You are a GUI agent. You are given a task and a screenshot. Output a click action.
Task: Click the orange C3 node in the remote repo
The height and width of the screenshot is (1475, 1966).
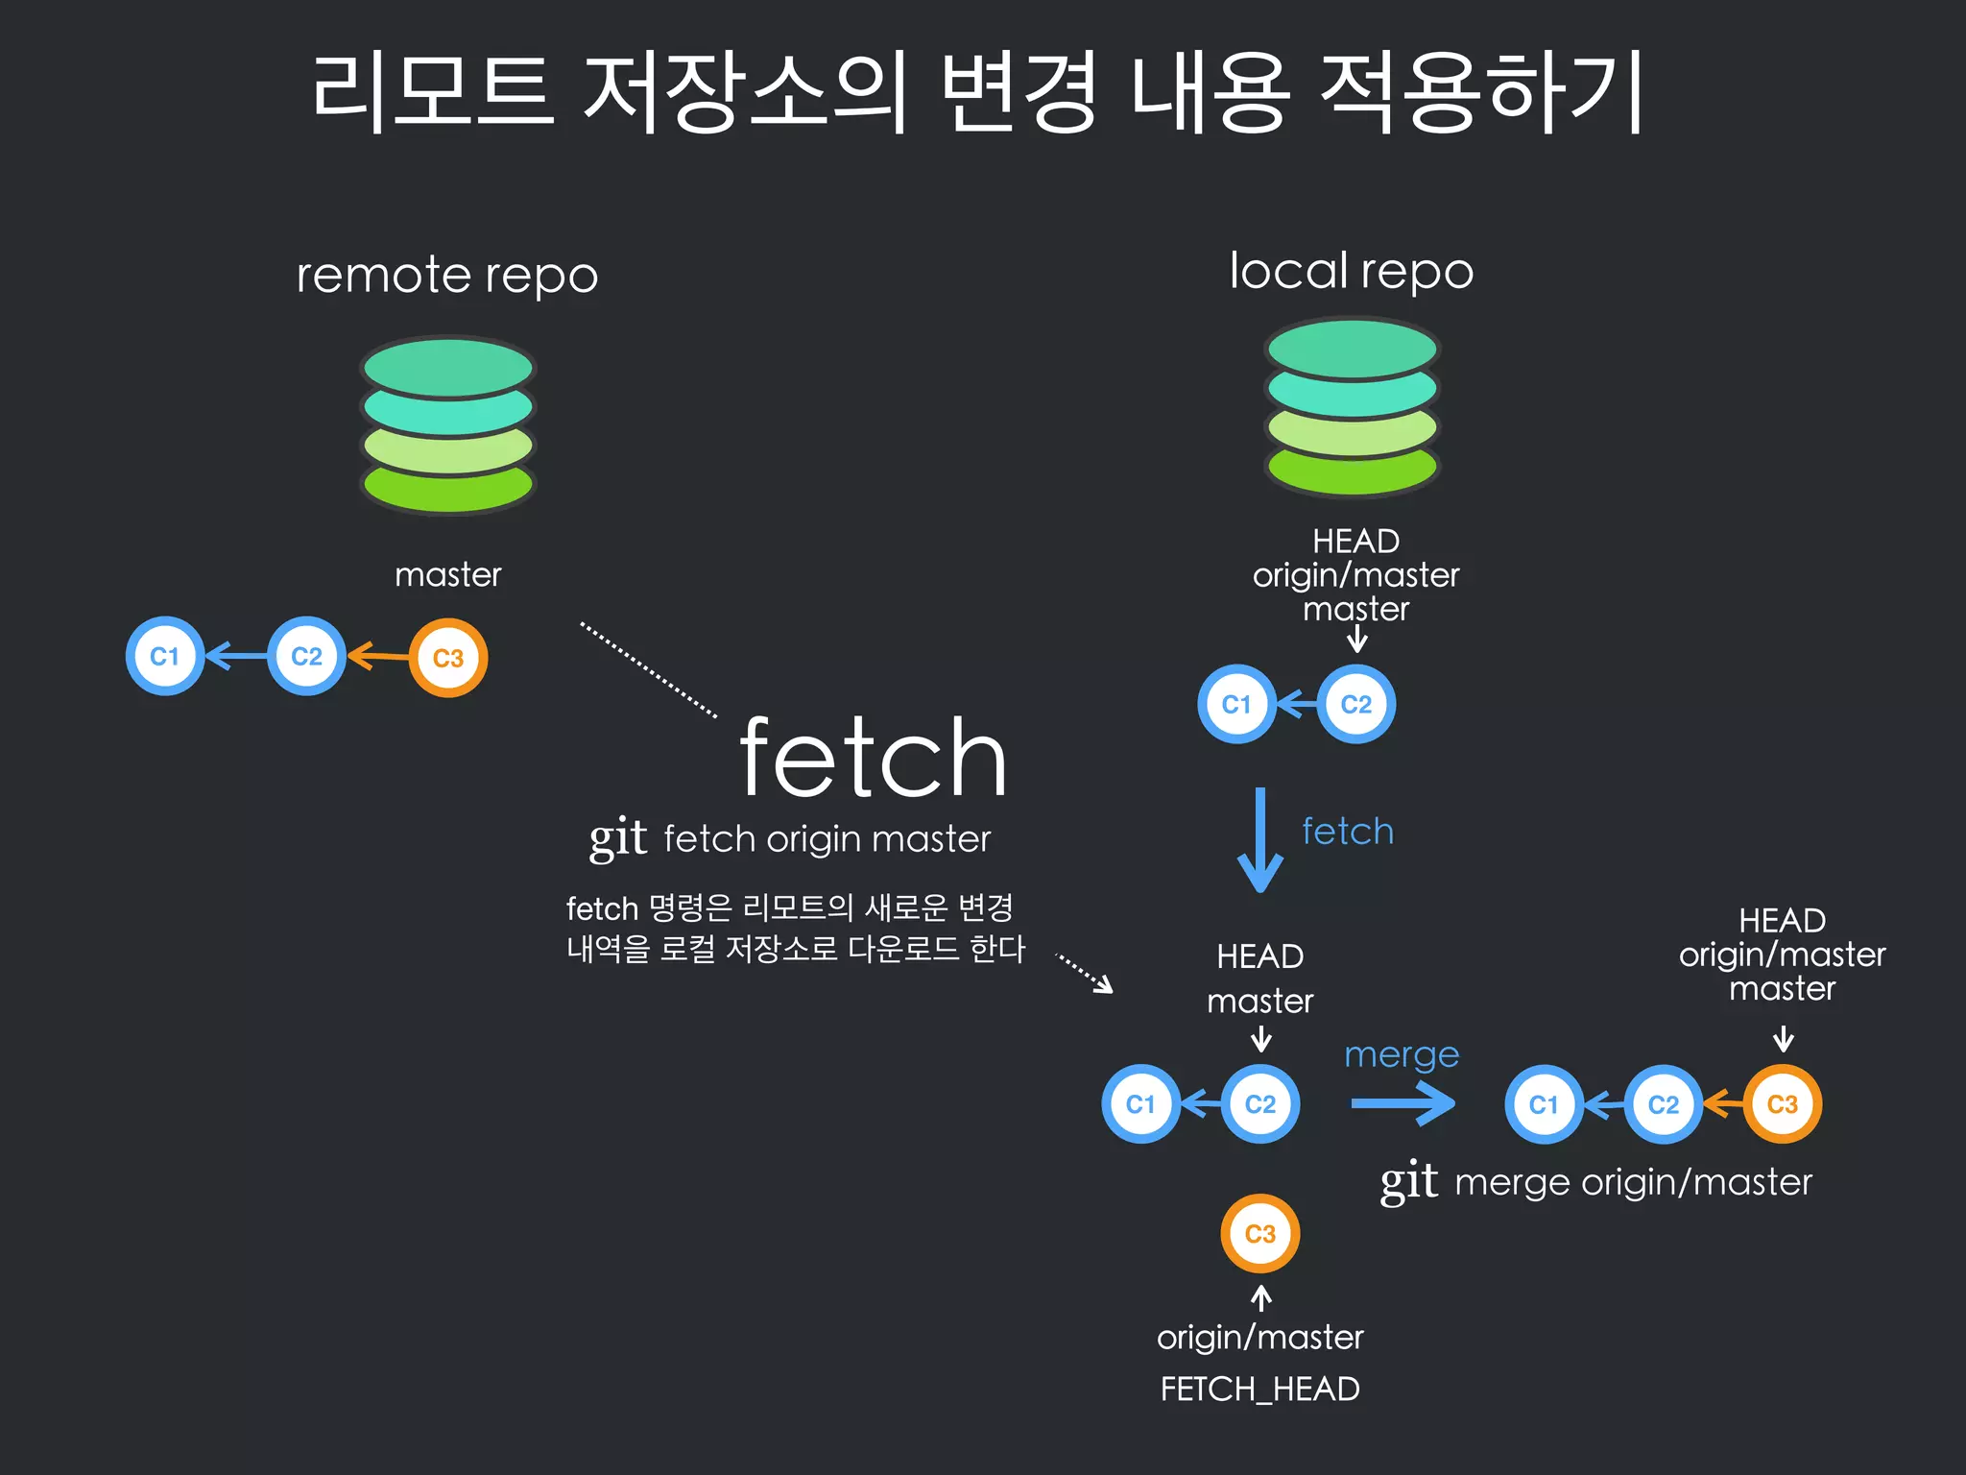pos(448,658)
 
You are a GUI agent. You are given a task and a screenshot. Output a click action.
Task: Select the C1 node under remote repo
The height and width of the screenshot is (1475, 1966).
pos(165,656)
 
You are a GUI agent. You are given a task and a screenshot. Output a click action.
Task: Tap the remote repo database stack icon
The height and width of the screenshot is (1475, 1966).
pos(447,424)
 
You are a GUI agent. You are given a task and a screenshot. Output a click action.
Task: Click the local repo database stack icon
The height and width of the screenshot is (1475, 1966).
pos(1353,408)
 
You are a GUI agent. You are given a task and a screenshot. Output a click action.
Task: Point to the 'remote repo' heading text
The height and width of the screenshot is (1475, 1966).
pos(447,276)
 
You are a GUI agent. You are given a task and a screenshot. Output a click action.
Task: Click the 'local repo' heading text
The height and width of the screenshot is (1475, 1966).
pos(1352,271)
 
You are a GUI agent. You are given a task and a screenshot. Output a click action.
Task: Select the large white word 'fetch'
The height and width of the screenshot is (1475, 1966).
pos(873,759)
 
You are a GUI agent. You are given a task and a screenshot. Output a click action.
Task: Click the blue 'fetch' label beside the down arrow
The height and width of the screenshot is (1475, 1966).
pos(1348,832)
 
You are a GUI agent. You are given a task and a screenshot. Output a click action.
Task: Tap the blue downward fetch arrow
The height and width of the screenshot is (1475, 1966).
pos(1260,840)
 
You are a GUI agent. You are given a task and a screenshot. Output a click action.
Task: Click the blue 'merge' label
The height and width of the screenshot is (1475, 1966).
pos(1402,1054)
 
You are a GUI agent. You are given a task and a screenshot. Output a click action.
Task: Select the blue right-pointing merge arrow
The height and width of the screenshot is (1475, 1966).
pos(1403,1103)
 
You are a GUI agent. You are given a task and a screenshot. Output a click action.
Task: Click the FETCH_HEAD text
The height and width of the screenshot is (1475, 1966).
pos(1259,1390)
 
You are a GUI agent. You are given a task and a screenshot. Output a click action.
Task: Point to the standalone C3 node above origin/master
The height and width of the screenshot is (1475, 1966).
pos(1259,1234)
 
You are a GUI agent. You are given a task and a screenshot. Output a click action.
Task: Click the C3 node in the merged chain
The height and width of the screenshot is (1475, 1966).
pos(1783,1104)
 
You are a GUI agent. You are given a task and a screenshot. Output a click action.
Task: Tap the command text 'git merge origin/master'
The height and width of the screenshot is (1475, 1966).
pos(1595,1182)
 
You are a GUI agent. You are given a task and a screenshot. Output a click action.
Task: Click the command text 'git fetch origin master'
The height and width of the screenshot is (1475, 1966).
pos(790,839)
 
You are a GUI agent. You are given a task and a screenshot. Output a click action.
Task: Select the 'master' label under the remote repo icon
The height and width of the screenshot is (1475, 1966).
pos(447,574)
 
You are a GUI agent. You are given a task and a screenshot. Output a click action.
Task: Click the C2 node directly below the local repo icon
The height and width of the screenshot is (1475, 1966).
pos(1355,705)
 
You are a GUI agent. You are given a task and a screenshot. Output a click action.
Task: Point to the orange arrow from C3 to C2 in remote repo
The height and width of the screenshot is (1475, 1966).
pos(378,657)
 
